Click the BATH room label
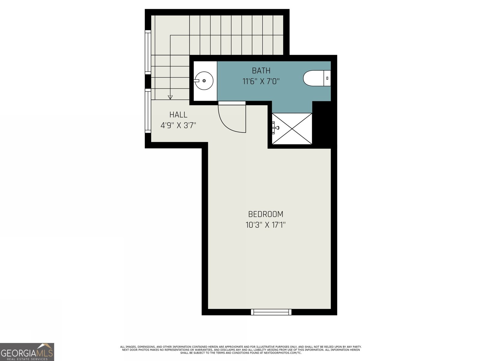pyautogui.click(x=261, y=71)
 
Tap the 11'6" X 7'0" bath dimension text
pyautogui.click(x=261, y=81)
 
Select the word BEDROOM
pyautogui.click(x=265, y=214)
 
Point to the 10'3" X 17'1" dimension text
pyautogui.click(x=265, y=225)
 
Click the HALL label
pyautogui.click(x=178, y=115)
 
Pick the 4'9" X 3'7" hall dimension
pyautogui.click(x=178, y=125)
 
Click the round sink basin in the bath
pyautogui.click(x=204, y=81)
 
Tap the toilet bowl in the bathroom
pyautogui.click(x=313, y=78)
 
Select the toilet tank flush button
pyautogui.click(x=327, y=78)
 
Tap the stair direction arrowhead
pyautogui.click(x=170, y=97)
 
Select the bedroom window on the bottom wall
pyautogui.click(x=271, y=312)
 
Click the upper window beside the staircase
pyautogui.click(x=148, y=52)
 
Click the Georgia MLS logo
pyautogui.click(x=27, y=352)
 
